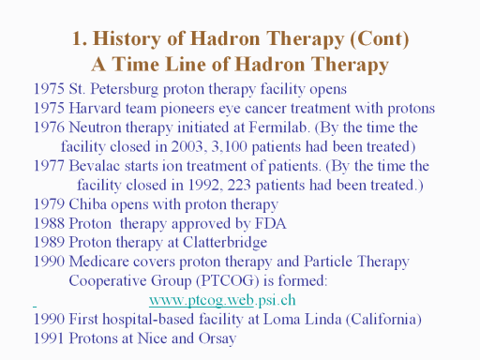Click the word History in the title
pos(127,39)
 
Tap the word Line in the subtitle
pos(186,65)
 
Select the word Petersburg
pos(125,89)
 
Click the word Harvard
pos(95,109)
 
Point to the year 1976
pos(49,127)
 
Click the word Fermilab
pos(277,127)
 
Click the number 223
pos(239,185)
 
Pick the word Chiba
pos(87,204)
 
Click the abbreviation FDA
pos(271,223)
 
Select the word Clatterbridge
pos(225,243)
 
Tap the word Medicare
pos(98,262)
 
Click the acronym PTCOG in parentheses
pos(228,281)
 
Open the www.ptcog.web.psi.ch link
pos(222,300)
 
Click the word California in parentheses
pos(383,320)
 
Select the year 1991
pos(49,338)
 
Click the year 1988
pos(49,223)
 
